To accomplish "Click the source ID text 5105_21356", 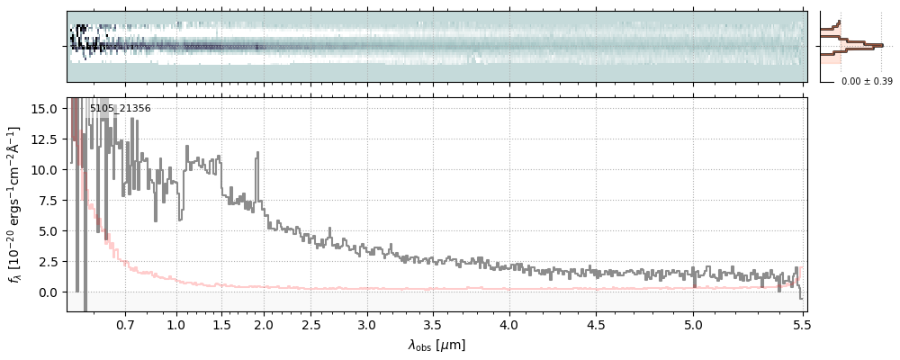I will pos(120,109).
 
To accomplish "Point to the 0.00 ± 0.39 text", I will pos(866,82).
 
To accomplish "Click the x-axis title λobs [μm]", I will pos(436,345).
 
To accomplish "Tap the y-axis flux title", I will pos(15,204).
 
